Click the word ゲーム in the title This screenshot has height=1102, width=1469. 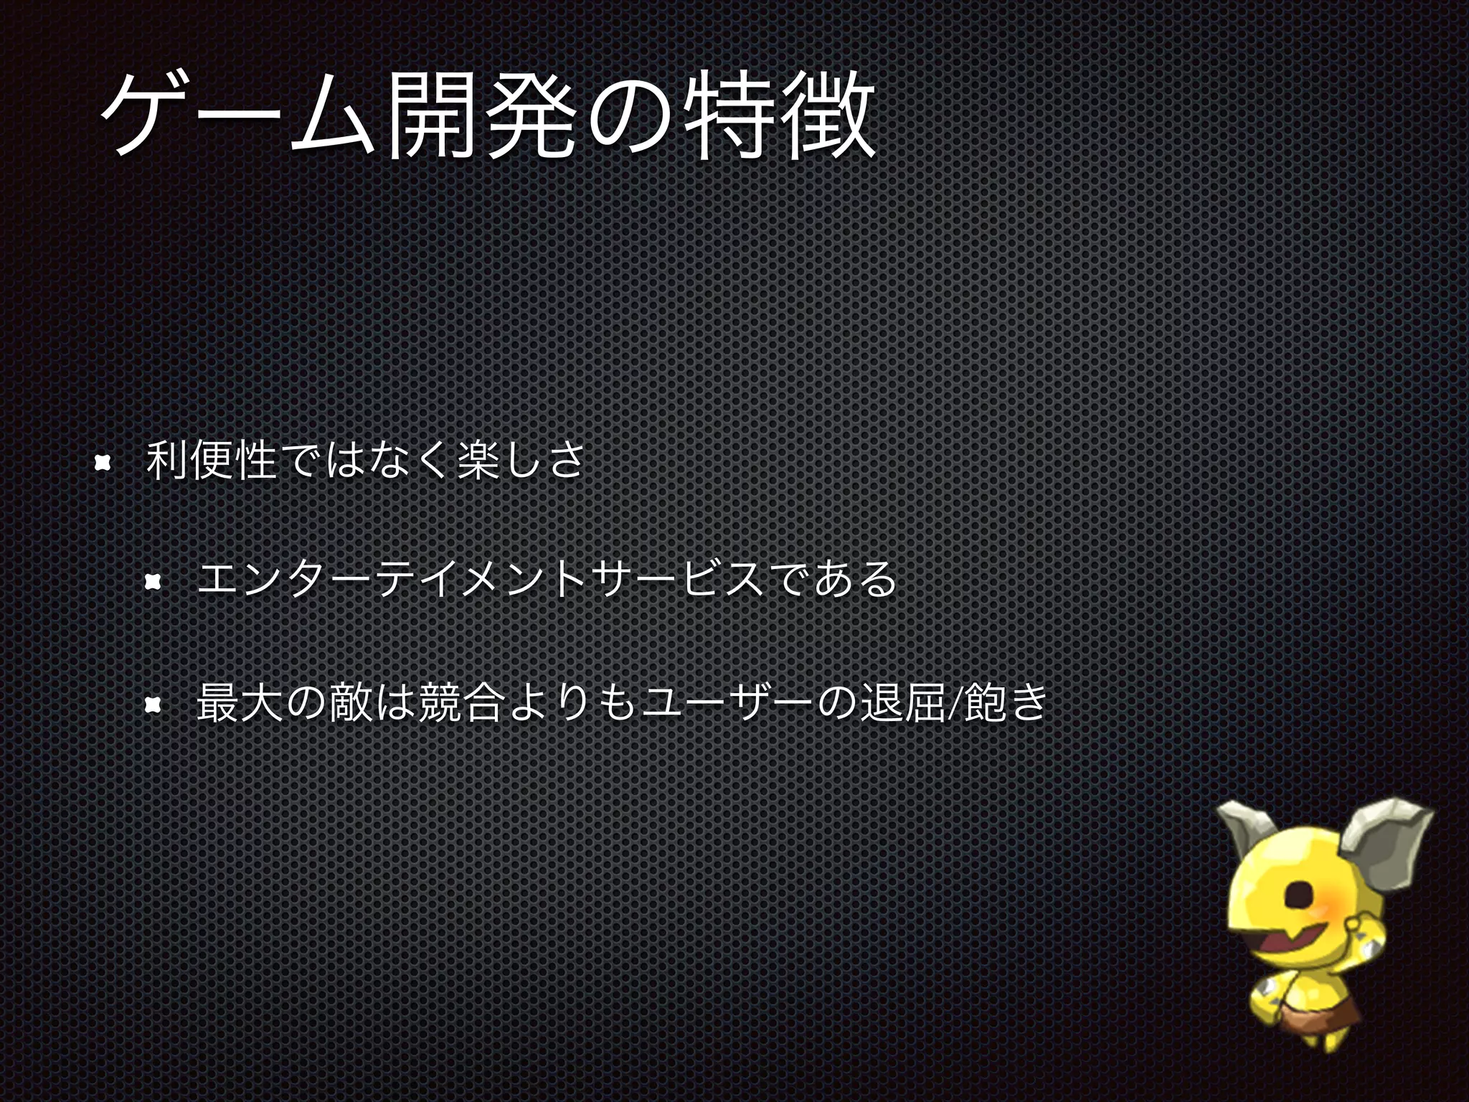coord(237,115)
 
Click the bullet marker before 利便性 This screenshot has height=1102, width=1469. coord(103,463)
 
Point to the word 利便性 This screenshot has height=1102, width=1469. coord(211,461)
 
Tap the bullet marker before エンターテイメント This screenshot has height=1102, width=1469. coord(152,582)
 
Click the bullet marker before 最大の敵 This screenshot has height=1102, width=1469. coord(152,705)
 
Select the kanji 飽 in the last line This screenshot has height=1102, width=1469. coord(983,702)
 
